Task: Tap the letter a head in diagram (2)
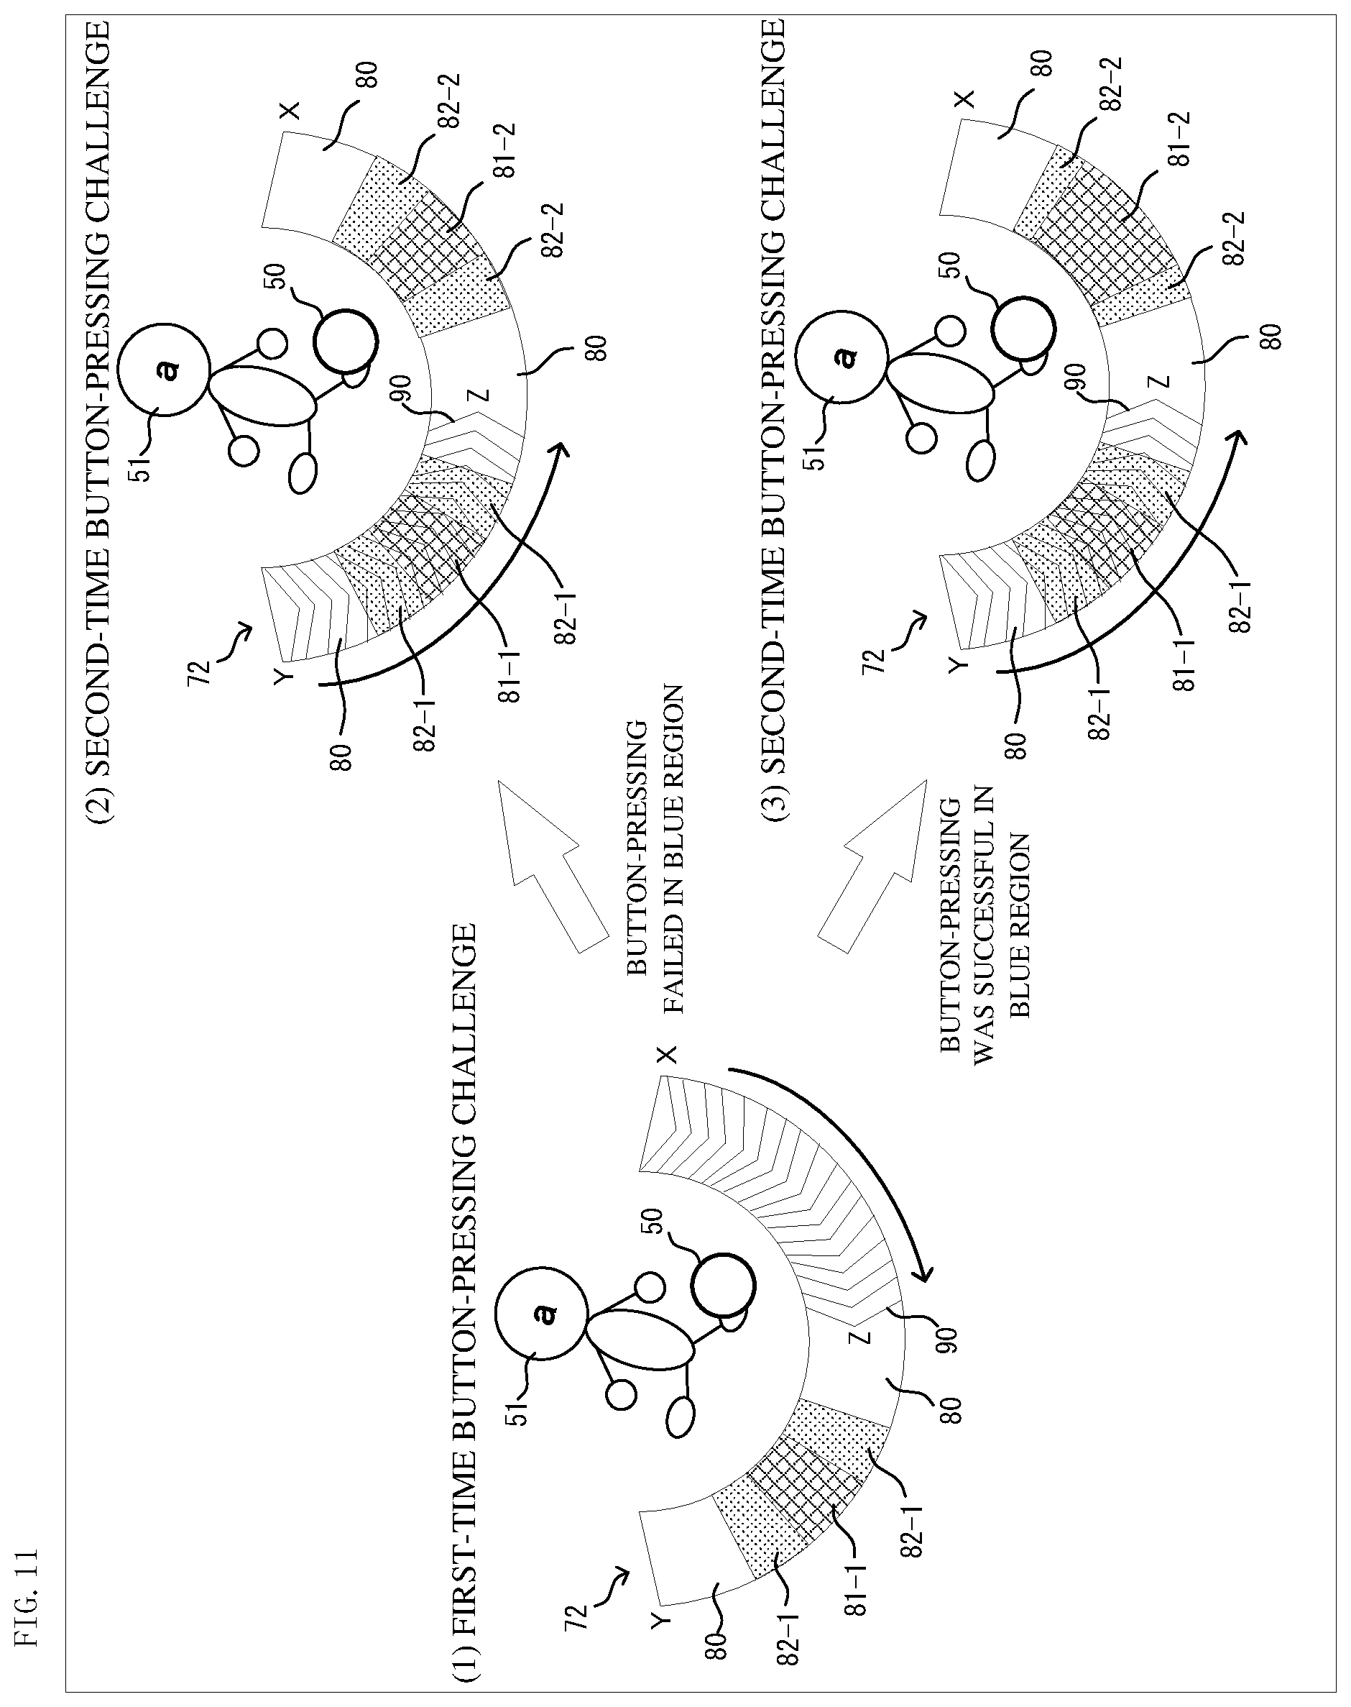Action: pyautogui.click(x=165, y=369)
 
